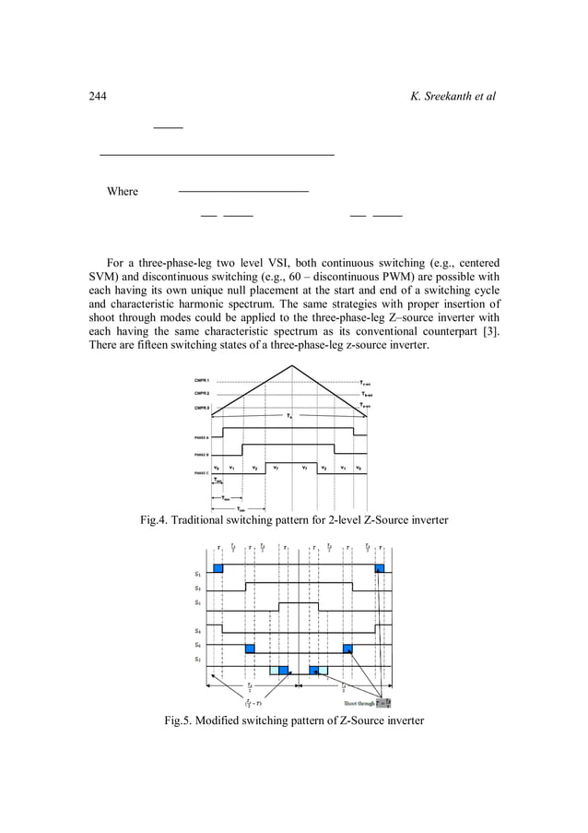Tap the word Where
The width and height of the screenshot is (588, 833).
click(x=123, y=192)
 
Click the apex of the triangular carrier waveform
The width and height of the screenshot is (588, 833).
click(x=295, y=366)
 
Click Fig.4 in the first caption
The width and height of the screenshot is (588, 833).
click(x=156, y=521)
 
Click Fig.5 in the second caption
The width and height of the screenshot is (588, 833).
click(x=181, y=720)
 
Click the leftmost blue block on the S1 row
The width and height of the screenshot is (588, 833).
click(x=218, y=568)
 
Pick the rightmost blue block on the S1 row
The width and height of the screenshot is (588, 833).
click(x=380, y=568)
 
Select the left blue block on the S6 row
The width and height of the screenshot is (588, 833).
click(x=250, y=649)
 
